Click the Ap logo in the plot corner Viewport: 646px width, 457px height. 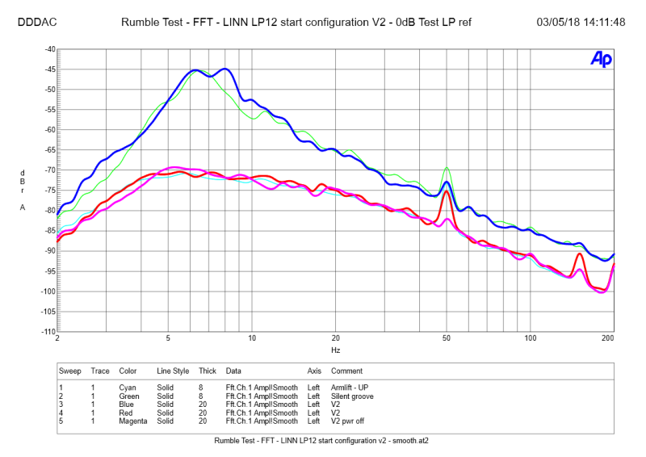[x=601, y=59]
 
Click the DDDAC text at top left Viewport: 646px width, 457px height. [x=36, y=22]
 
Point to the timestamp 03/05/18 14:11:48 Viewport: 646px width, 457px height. [x=581, y=22]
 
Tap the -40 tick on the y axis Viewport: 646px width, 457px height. [x=49, y=49]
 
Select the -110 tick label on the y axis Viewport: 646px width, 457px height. [x=48, y=332]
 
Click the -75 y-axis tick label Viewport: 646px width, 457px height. [x=49, y=191]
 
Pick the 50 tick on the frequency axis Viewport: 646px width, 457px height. [x=447, y=339]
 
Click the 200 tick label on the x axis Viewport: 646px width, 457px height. [x=609, y=339]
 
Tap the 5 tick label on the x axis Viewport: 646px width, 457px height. [x=168, y=339]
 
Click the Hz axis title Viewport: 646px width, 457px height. [x=335, y=351]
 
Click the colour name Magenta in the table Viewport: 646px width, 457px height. [x=132, y=421]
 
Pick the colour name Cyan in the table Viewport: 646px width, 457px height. [x=128, y=388]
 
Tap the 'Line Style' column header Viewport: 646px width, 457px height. [x=173, y=371]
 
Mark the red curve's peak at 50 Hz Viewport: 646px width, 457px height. [x=447, y=191]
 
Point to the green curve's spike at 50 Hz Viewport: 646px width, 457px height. [x=447, y=168]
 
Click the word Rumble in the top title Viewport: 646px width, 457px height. [x=141, y=22]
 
